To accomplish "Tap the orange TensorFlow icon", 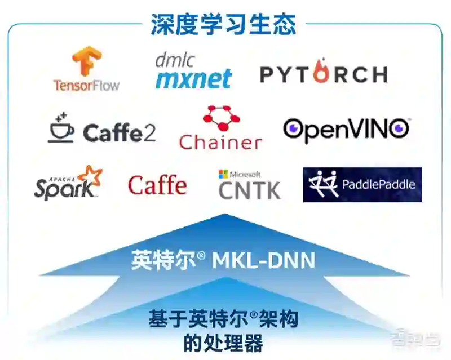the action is [86, 61].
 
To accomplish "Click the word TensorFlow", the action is [86, 85].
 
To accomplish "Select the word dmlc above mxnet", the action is [174, 60].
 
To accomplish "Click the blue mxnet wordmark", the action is [193, 78].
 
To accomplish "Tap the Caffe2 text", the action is [119, 133].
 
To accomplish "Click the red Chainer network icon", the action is [221, 118].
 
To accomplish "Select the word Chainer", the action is [220, 142].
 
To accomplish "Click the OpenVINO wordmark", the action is [346, 130].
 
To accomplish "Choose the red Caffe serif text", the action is [157, 185].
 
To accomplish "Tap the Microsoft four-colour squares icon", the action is [224, 174].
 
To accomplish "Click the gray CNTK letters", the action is [249, 190].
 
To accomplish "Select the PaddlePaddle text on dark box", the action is [378, 184].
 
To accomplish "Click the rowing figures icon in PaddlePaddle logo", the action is [323, 183].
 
